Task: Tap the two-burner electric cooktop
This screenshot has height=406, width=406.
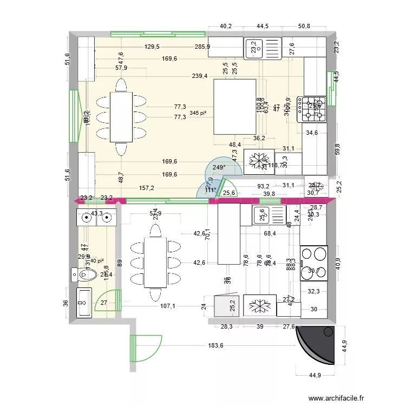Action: click(x=314, y=263)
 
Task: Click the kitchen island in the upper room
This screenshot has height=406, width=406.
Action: click(x=235, y=107)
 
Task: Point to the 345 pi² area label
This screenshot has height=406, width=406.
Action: click(x=198, y=113)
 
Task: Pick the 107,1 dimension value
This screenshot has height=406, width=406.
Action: click(x=168, y=305)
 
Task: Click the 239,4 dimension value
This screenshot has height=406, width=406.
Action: click(x=199, y=76)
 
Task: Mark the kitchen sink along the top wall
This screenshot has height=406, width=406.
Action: click(x=263, y=48)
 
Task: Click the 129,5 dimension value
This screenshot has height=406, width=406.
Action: click(x=153, y=47)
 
